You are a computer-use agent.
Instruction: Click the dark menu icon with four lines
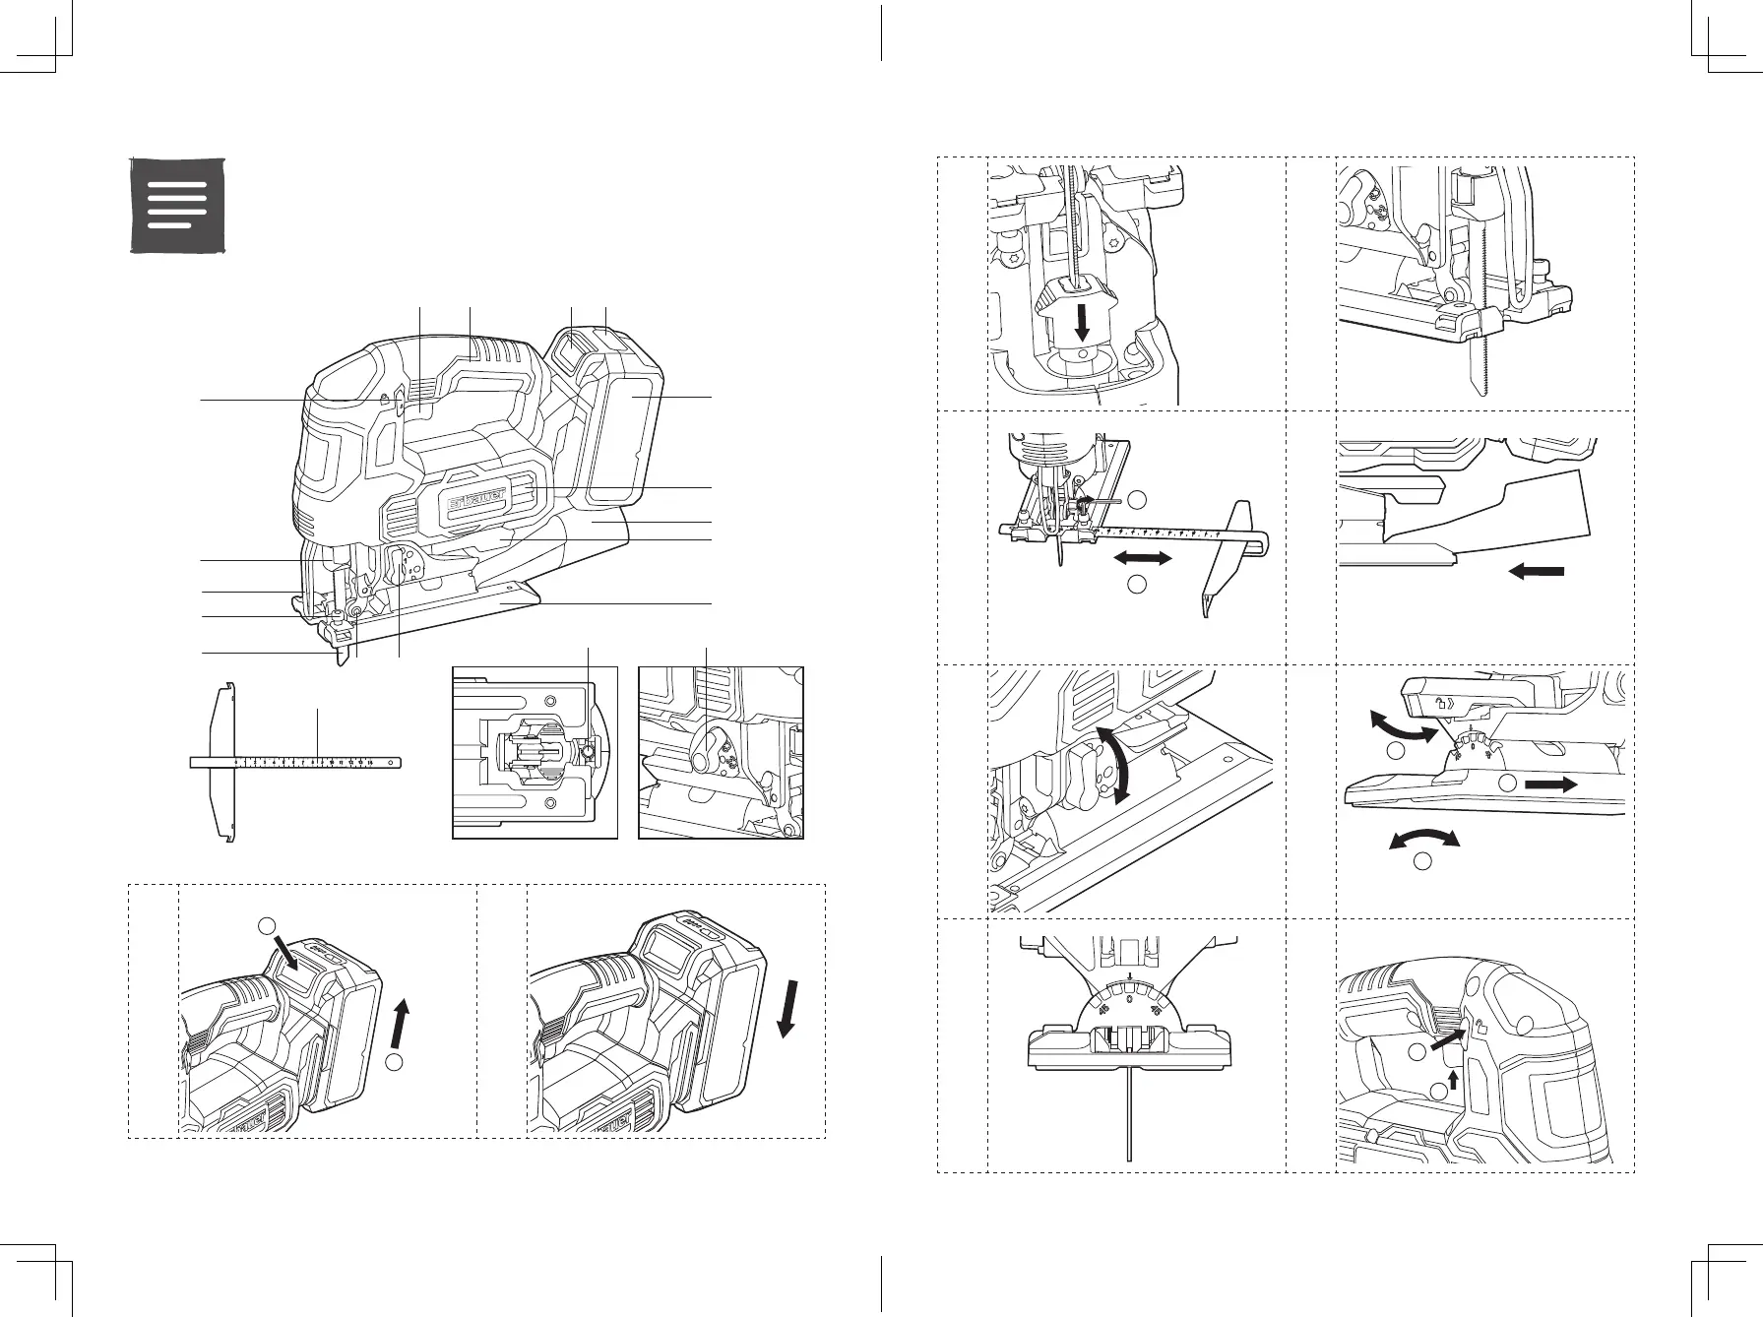178,205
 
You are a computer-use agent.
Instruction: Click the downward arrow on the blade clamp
1083,322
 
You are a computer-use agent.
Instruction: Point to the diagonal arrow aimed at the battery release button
292,953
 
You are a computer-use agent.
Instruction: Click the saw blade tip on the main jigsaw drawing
343,658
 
